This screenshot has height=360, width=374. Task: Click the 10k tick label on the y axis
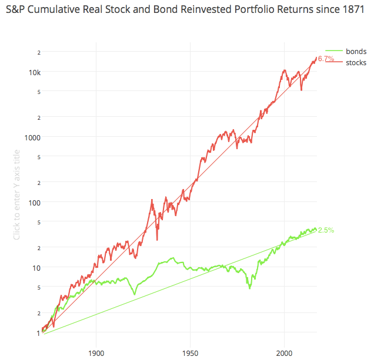(34, 72)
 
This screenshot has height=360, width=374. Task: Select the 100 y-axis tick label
(34, 203)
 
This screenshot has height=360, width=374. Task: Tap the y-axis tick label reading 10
(35, 268)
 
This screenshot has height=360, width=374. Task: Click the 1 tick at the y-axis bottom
(37, 332)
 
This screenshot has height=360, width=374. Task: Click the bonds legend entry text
(356, 52)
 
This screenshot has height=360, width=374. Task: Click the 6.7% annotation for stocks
(326, 59)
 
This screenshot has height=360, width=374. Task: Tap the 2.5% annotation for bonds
(326, 230)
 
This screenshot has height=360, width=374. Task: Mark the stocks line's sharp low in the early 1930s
(157, 240)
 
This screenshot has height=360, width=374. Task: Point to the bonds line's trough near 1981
(249, 288)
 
